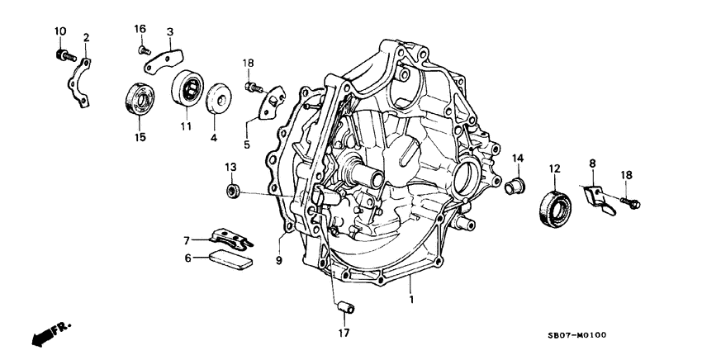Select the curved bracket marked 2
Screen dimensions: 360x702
click(80, 79)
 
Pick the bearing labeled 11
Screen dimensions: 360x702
click(187, 88)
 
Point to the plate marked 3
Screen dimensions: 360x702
click(168, 58)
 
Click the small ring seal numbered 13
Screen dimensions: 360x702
click(233, 192)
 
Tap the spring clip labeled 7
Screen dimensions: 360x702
click(230, 239)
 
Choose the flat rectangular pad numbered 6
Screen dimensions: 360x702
click(230, 260)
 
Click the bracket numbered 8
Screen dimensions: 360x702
click(599, 199)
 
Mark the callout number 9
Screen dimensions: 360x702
click(278, 260)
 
